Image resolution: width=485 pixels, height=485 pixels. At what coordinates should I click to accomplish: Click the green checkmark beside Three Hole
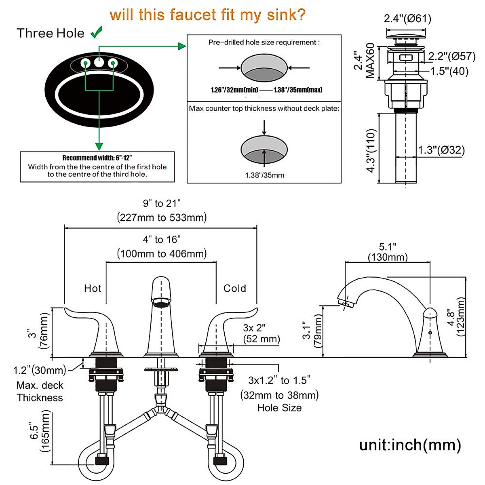click(97, 32)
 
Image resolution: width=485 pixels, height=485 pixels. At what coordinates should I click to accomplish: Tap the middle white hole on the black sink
click(99, 62)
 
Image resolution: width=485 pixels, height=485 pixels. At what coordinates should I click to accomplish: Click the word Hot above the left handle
click(93, 289)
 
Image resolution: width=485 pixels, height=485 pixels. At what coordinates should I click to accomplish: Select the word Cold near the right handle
click(234, 289)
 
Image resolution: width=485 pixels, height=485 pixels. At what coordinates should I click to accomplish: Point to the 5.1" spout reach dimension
click(388, 247)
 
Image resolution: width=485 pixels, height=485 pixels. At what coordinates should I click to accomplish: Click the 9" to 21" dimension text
click(162, 203)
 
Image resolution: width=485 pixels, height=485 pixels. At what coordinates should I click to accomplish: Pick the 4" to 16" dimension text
click(162, 240)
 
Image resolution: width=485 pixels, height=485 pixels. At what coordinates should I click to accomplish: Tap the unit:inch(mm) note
click(410, 445)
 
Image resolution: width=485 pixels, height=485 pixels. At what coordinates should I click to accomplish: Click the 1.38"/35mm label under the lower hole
click(264, 175)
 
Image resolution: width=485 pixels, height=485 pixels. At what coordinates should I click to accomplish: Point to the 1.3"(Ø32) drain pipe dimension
click(441, 150)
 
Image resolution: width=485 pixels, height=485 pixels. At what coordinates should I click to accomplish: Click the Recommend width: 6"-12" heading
click(97, 158)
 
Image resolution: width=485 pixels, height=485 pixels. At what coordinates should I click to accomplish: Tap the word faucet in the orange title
click(193, 15)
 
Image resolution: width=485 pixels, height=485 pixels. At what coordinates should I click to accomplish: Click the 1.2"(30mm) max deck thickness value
click(40, 370)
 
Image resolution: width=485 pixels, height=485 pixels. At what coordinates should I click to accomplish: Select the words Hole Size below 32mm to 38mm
click(279, 408)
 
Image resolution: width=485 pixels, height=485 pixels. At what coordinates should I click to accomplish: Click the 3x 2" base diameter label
click(254, 328)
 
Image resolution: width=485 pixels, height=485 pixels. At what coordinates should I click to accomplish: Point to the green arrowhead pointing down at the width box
click(99, 146)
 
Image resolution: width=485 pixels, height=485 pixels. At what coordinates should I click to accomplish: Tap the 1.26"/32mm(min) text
click(234, 90)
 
